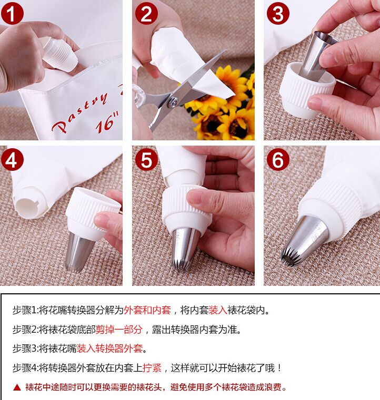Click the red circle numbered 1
click(x=12, y=13)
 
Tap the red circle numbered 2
click(x=146, y=14)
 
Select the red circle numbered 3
click(x=278, y=14)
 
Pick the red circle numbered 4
click(x=12, y=160)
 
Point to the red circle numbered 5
click(x=146, y=160)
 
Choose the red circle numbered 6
click(x=278, y=160)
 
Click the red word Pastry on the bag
click(x=79, y=112)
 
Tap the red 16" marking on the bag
click(x=108, y=122)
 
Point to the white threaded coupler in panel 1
click(x=59, y=54)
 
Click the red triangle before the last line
click(x=17, y=387)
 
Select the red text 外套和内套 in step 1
click(x=147, y=310)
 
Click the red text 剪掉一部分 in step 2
click(x=119, y=330)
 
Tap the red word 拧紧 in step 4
click(x=152, y=368)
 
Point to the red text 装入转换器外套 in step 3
click(x=109, y=348)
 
